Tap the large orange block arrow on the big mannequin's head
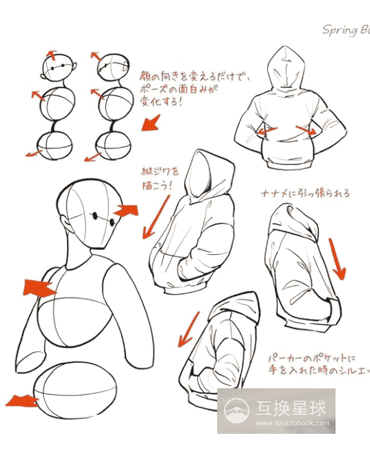click(x=126, y=210)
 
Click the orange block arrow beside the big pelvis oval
click(x=19, y=399)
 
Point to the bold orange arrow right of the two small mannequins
click(x=152, y=122)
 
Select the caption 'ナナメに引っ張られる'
click(x=304, y=193)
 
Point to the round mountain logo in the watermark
click(x=237, y=410)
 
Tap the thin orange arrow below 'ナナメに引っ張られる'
click(x=337, y=258)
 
